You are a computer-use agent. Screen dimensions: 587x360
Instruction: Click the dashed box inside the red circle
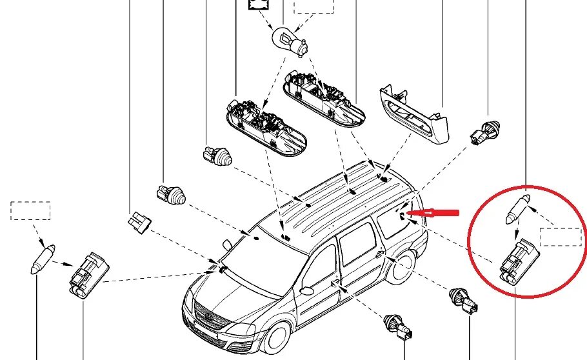560,237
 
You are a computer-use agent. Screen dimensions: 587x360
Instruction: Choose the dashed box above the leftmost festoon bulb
30,210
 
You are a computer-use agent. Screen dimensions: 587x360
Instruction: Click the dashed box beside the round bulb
313,6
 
